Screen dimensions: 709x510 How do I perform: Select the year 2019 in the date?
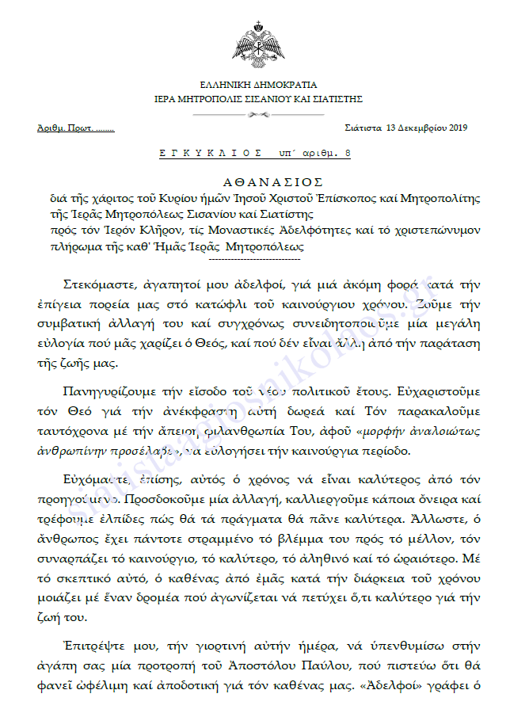pos(459,128)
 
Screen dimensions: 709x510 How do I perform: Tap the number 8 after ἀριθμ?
pos(348,151)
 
